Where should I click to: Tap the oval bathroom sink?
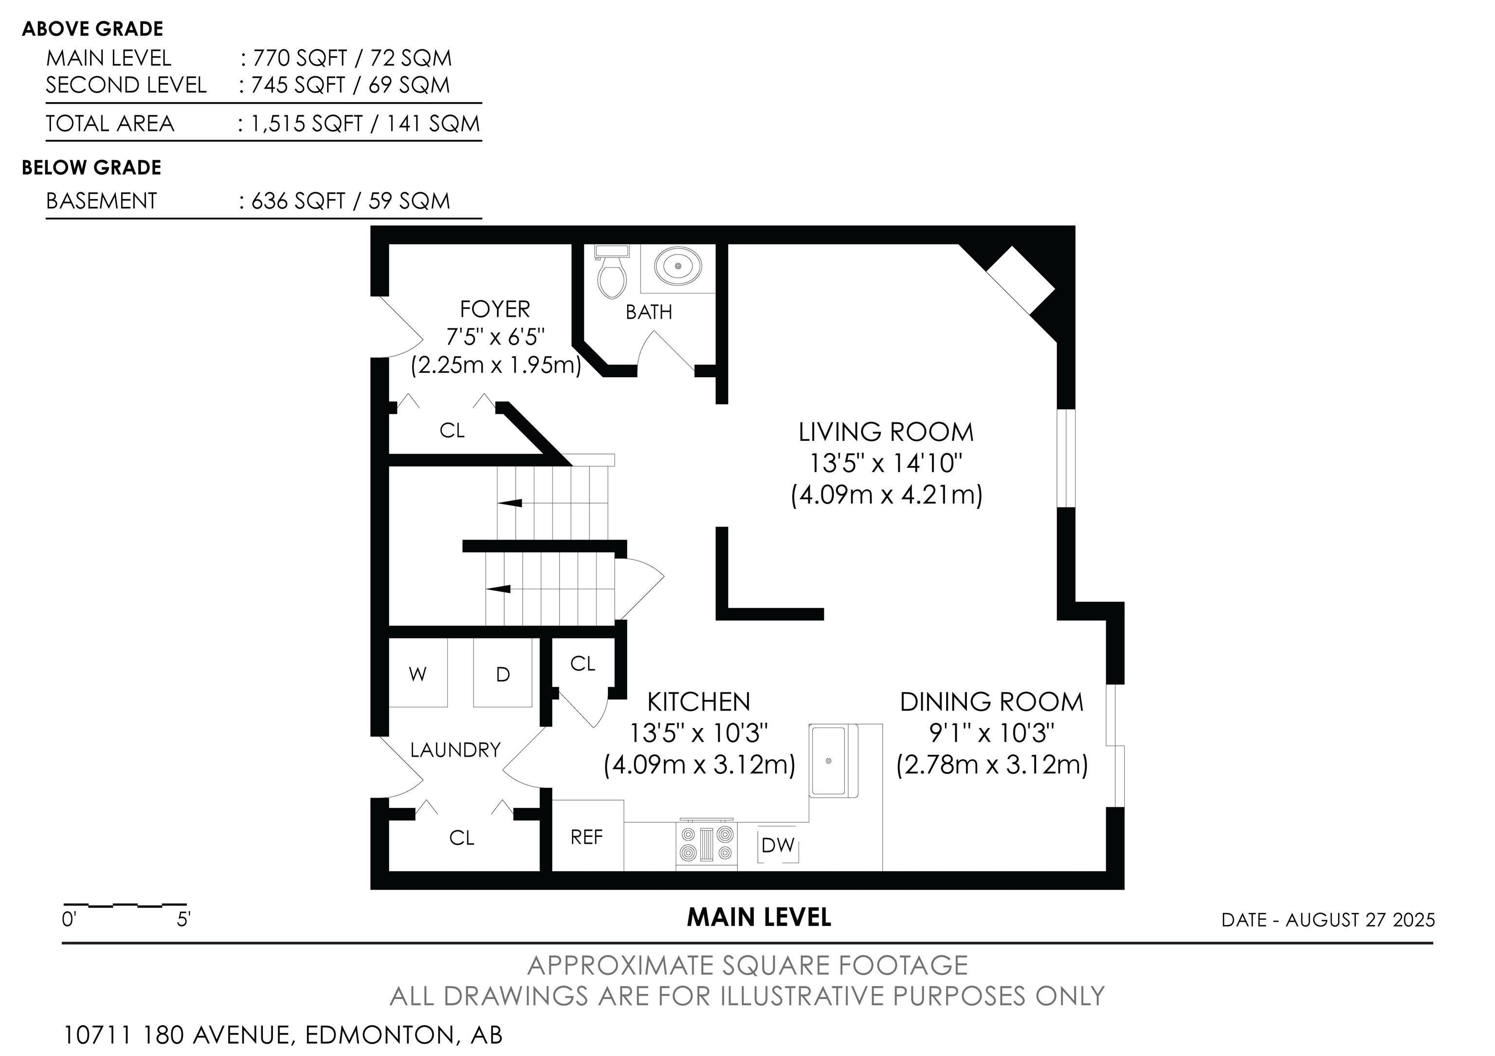[678, 266]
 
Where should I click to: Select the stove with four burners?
[707, 844]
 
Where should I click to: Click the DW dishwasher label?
[778, 845]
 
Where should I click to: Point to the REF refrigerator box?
[588, 835]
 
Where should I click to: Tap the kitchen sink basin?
[828, 761]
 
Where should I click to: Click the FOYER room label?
[495, 309]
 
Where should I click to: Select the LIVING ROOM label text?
[886, 432]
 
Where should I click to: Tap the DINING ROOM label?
[992, 702]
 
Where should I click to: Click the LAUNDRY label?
[455, 750]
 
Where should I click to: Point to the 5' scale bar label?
[183, 920]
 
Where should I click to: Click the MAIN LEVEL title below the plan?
[759, 917]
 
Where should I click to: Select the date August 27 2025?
[1360, 920]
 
